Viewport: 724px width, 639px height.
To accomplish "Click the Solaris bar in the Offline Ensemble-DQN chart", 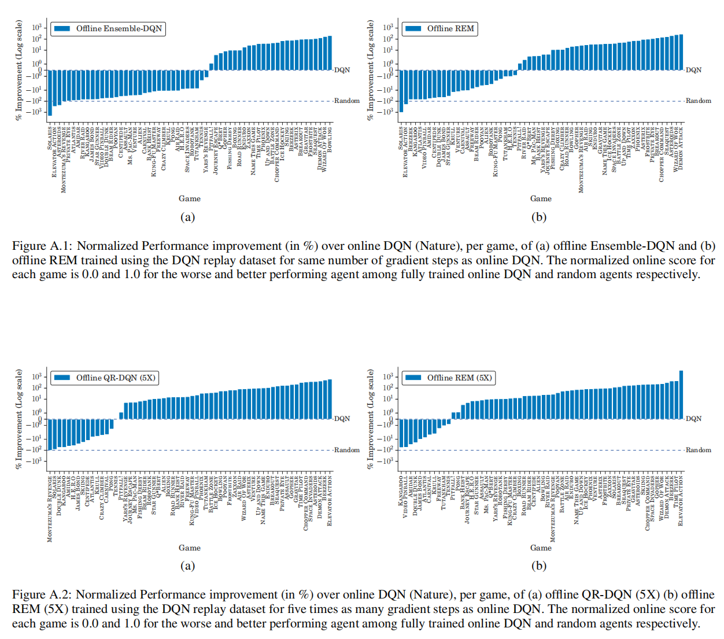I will click(50, 93).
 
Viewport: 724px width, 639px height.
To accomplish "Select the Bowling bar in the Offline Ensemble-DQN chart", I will click(330, 53).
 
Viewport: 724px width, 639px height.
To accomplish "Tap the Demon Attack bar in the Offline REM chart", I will click(681, 52).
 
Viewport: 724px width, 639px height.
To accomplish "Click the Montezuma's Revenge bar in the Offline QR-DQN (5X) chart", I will click(49, 434).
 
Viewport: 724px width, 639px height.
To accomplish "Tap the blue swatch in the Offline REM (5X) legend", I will click(413, 378).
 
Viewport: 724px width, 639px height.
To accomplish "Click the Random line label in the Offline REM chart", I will click(698, 101).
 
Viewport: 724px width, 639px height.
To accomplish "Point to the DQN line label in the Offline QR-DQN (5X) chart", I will click(342, 419).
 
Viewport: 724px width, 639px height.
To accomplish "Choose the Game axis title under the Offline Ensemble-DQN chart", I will click(190, 198).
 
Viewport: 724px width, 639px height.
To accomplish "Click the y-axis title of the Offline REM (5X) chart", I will click(371, 419).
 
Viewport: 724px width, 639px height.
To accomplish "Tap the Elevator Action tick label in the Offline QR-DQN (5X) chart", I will click(330, 500).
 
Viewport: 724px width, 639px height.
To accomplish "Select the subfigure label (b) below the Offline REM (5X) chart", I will click(538, 566).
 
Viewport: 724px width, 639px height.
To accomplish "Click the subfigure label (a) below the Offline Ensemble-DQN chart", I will click(187, 217).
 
